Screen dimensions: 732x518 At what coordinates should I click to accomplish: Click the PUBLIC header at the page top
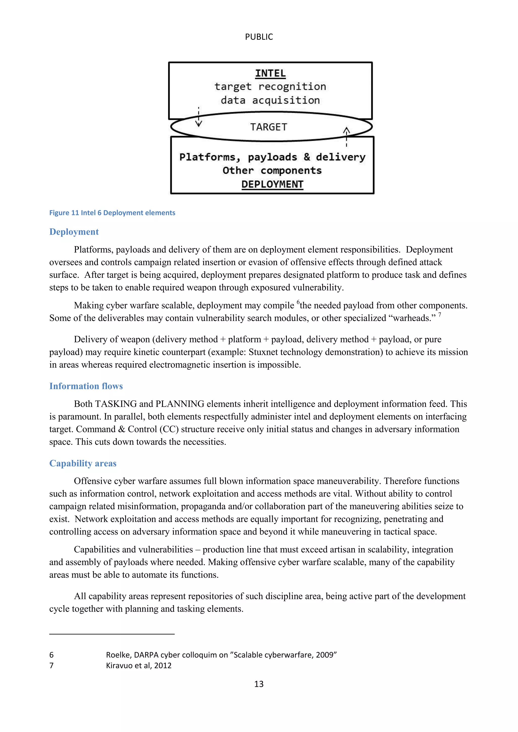point(259,37)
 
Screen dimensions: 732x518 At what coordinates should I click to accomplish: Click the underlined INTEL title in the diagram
point(270,73)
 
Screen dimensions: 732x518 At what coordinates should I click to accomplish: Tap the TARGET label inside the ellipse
point(269,127)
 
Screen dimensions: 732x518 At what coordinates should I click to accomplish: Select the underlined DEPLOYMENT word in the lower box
point(272,184)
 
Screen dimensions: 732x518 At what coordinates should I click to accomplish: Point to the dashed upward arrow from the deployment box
point(347,136)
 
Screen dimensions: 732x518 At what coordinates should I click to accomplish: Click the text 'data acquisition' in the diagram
point(270,100)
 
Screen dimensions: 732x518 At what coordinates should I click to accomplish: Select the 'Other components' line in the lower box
point(272,171)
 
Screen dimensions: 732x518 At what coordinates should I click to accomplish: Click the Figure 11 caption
point(112,213)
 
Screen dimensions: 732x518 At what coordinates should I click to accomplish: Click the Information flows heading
point(86,386)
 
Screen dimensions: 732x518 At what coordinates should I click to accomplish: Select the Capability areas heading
point(83,463)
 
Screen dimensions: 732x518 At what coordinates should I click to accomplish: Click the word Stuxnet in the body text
point(264,352)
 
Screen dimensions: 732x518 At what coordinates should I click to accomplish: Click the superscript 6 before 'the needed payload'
point(298,302)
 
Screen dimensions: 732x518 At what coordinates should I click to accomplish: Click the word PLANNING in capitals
point(180,404)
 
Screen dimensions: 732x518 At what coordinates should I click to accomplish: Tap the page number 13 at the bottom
point(259,684)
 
